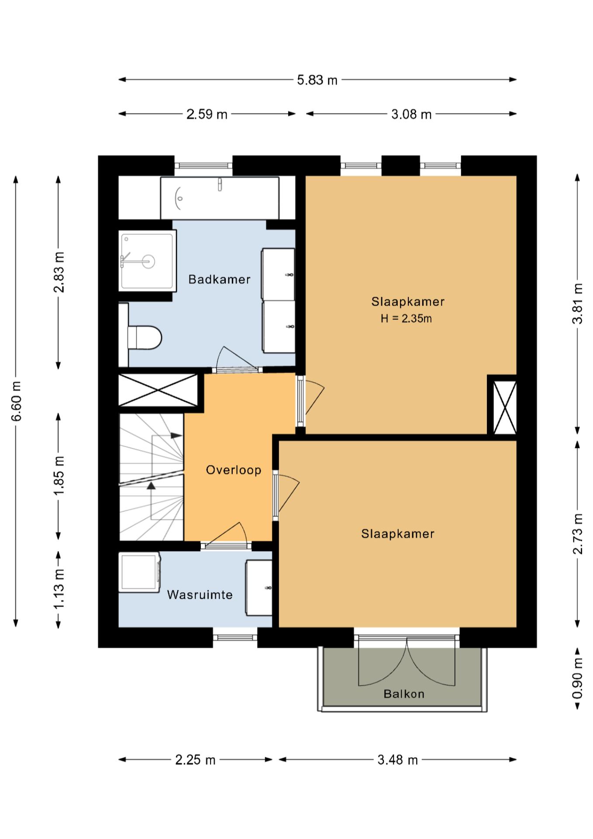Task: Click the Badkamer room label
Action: [219, 279]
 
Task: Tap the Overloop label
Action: [234, 470]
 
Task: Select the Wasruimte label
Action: [200, 595]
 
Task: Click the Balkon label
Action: [404, 693]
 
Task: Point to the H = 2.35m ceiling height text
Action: [406, 319]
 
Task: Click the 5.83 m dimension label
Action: [317, 80]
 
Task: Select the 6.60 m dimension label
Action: [17, 401]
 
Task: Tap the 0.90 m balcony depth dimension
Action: [577, 679]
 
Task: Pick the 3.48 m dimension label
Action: [398, 760]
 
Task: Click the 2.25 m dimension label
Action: [196, 760]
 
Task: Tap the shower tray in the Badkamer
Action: [148, 261]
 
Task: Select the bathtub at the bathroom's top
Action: [220, 198]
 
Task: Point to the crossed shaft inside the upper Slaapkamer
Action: [505, 407]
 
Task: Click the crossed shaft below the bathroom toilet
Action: [158, 389]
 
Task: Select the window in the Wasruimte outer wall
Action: [235, 637]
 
